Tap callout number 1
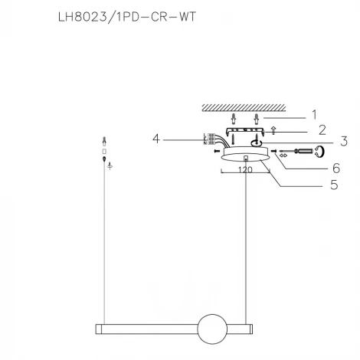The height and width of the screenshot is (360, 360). coord(313,114)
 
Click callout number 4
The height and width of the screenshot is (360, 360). coord(156,139)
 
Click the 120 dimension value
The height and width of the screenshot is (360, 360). coord(244,171)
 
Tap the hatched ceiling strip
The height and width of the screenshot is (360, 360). coord(244,106)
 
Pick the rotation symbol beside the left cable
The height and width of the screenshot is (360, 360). coord(111,165)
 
